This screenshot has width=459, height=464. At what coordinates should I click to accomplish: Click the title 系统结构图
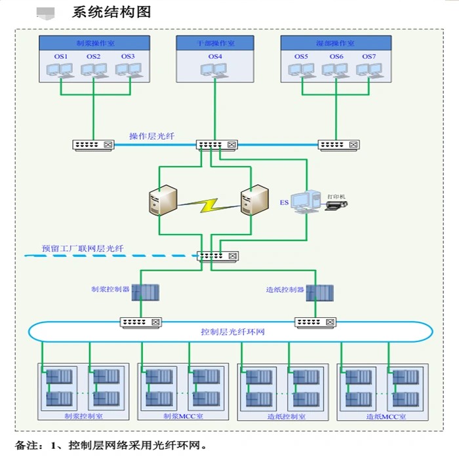(111, 11)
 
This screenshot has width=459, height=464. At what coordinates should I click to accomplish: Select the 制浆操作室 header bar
(94, 43)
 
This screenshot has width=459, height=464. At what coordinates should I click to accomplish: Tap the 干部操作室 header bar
(215, 43)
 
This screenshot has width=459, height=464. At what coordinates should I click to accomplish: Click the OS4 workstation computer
(215, 71)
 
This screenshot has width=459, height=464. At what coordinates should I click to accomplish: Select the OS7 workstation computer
(369, 71)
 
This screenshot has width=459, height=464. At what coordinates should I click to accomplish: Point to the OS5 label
(301, 57)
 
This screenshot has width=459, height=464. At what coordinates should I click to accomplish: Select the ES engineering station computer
(304, 201)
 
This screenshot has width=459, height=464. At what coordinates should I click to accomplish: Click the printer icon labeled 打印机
(336, 204)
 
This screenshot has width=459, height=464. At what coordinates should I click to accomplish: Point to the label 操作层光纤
(151, 136)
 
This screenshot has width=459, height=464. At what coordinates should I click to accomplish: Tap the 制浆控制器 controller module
(141, 292)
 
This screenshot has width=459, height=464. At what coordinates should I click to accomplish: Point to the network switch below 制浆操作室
(92, 145)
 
